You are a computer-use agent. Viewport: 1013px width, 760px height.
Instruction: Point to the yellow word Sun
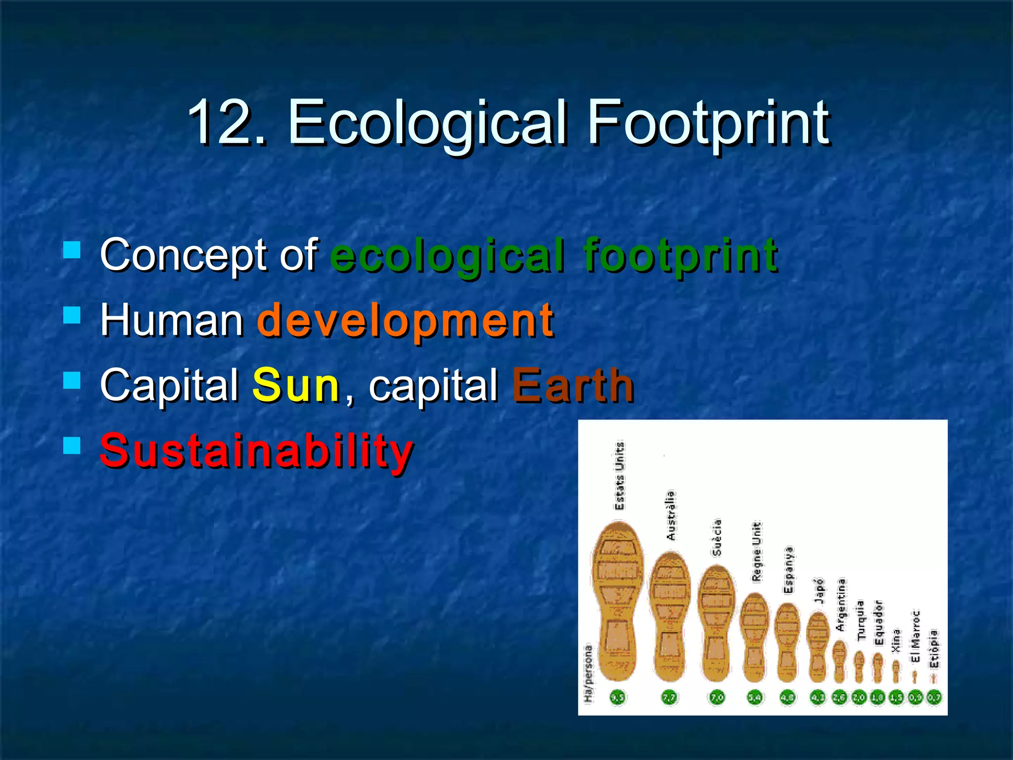296,385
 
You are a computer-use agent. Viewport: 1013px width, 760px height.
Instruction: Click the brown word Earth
573,385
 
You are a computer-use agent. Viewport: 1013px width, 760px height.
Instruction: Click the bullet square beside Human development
72,315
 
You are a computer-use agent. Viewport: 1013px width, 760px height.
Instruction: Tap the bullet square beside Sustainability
72,445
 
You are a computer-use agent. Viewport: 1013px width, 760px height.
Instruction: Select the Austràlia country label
671,515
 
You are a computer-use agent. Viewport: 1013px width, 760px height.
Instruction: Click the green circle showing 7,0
717,698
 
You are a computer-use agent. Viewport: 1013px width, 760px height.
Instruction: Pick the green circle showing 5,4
754,698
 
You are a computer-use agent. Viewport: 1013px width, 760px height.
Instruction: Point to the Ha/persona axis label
588,673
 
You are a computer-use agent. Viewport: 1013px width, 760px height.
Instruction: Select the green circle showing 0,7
934,698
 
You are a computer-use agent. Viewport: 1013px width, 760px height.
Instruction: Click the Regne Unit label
757,551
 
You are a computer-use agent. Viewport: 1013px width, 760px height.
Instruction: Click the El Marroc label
916,636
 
